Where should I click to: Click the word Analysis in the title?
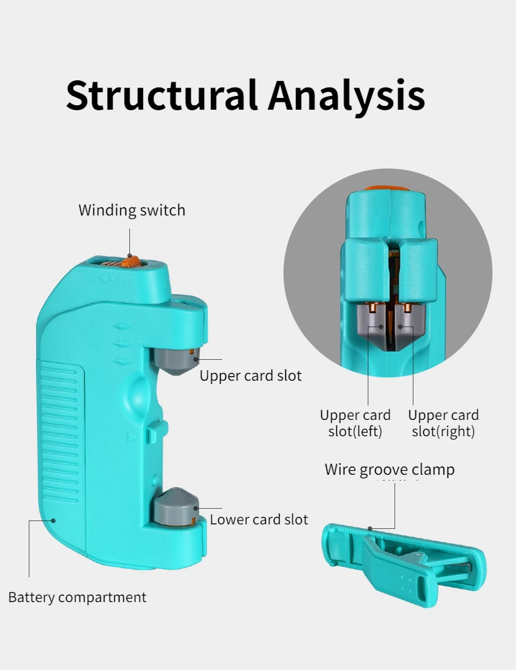click(x=346, y=95)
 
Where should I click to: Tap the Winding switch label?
click(x=132, y=210)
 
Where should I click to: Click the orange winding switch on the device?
click(x=131, y=263)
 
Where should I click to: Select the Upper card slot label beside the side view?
click(x=251, y=376)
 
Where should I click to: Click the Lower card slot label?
click(x=259, y=520)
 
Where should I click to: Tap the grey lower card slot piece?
click(x=175, y=507)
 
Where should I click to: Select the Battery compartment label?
click(x=77, y=597)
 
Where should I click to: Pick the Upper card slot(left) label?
click(x=355, y=423)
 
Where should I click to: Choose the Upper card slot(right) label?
click(x=443, y=423)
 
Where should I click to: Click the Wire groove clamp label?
click(x=389, y=470)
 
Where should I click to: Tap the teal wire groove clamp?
click(x=405, y=565)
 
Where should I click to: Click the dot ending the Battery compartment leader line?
click(x=54, y=520)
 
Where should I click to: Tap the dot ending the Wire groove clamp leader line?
click(x=370, y=528)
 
